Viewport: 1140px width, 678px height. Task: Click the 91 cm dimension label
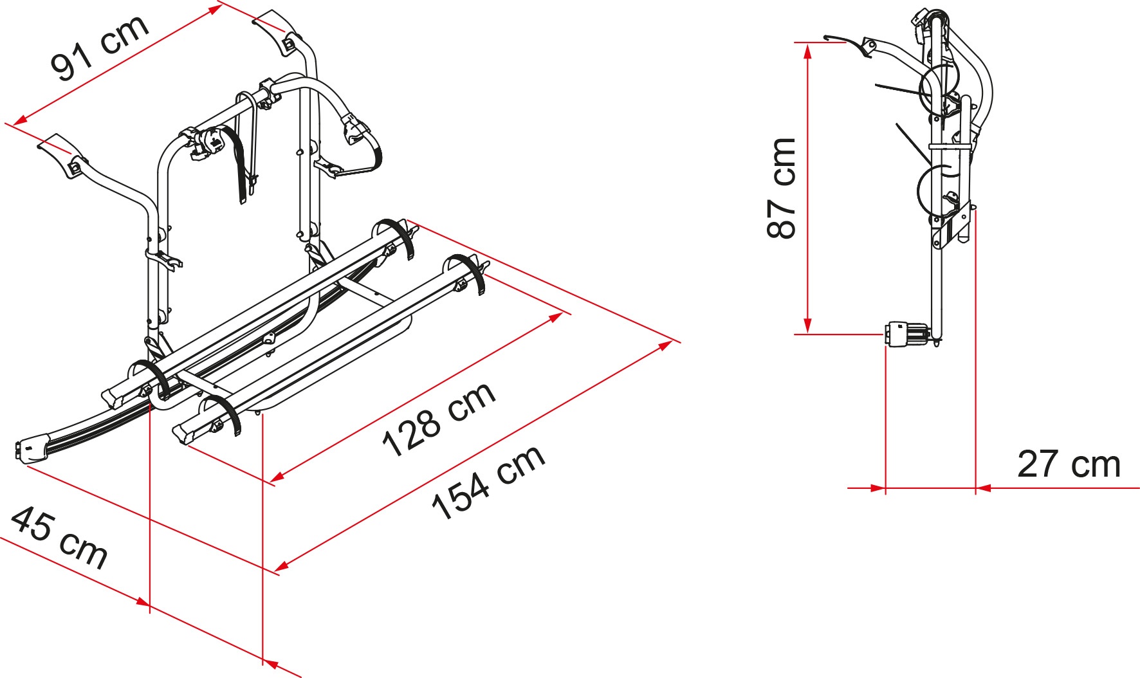pyautogui.click(x=100, y=48)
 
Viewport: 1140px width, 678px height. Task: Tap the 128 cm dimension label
pyautogui.click(x=439, y=418)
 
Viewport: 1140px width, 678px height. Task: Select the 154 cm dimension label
pyautogui.click(x=488, y=482)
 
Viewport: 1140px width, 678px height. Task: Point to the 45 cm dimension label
pyautogui.click(x=59, y=538)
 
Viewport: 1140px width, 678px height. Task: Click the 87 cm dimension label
pyautogui.click(x=782, y=187)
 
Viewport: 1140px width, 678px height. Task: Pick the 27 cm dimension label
pyautogui.click(x=1069, y=464)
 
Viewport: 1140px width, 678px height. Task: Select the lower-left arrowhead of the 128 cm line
pyautogui.click(x=277, y=477)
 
